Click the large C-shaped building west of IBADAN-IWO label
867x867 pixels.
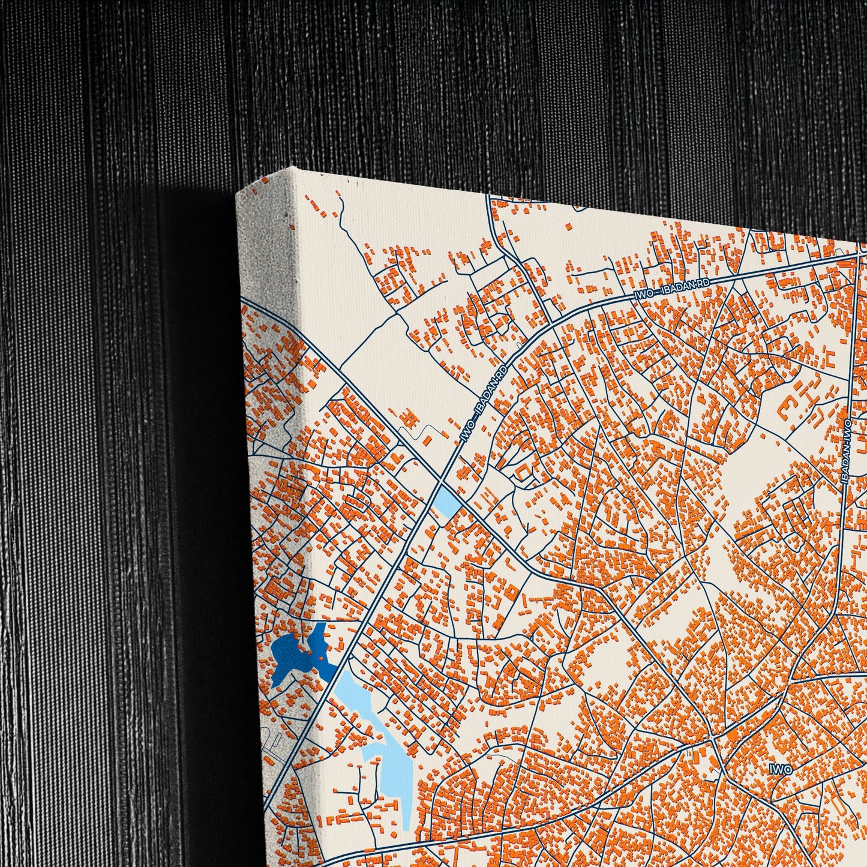785,410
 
